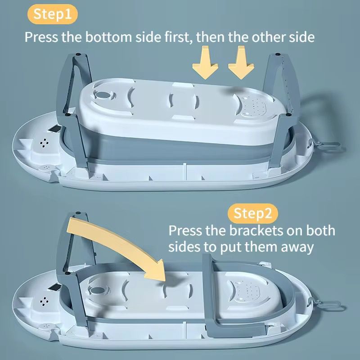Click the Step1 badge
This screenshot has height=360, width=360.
click(53, 14)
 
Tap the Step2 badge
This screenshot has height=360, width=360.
click(253, 213)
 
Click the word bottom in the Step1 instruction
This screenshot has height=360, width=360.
click(108, 37)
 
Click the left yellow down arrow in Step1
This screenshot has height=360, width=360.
click(205, 63)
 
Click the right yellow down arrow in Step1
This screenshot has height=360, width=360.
click(241, 63)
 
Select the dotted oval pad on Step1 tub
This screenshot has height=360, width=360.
click(253, 106)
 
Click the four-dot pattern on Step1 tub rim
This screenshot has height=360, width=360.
click(44, 143)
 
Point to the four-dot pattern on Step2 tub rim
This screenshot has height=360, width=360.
click(44, 301)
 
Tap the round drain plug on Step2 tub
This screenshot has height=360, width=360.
click(98, 290)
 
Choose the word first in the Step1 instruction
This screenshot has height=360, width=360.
click(178, 37)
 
